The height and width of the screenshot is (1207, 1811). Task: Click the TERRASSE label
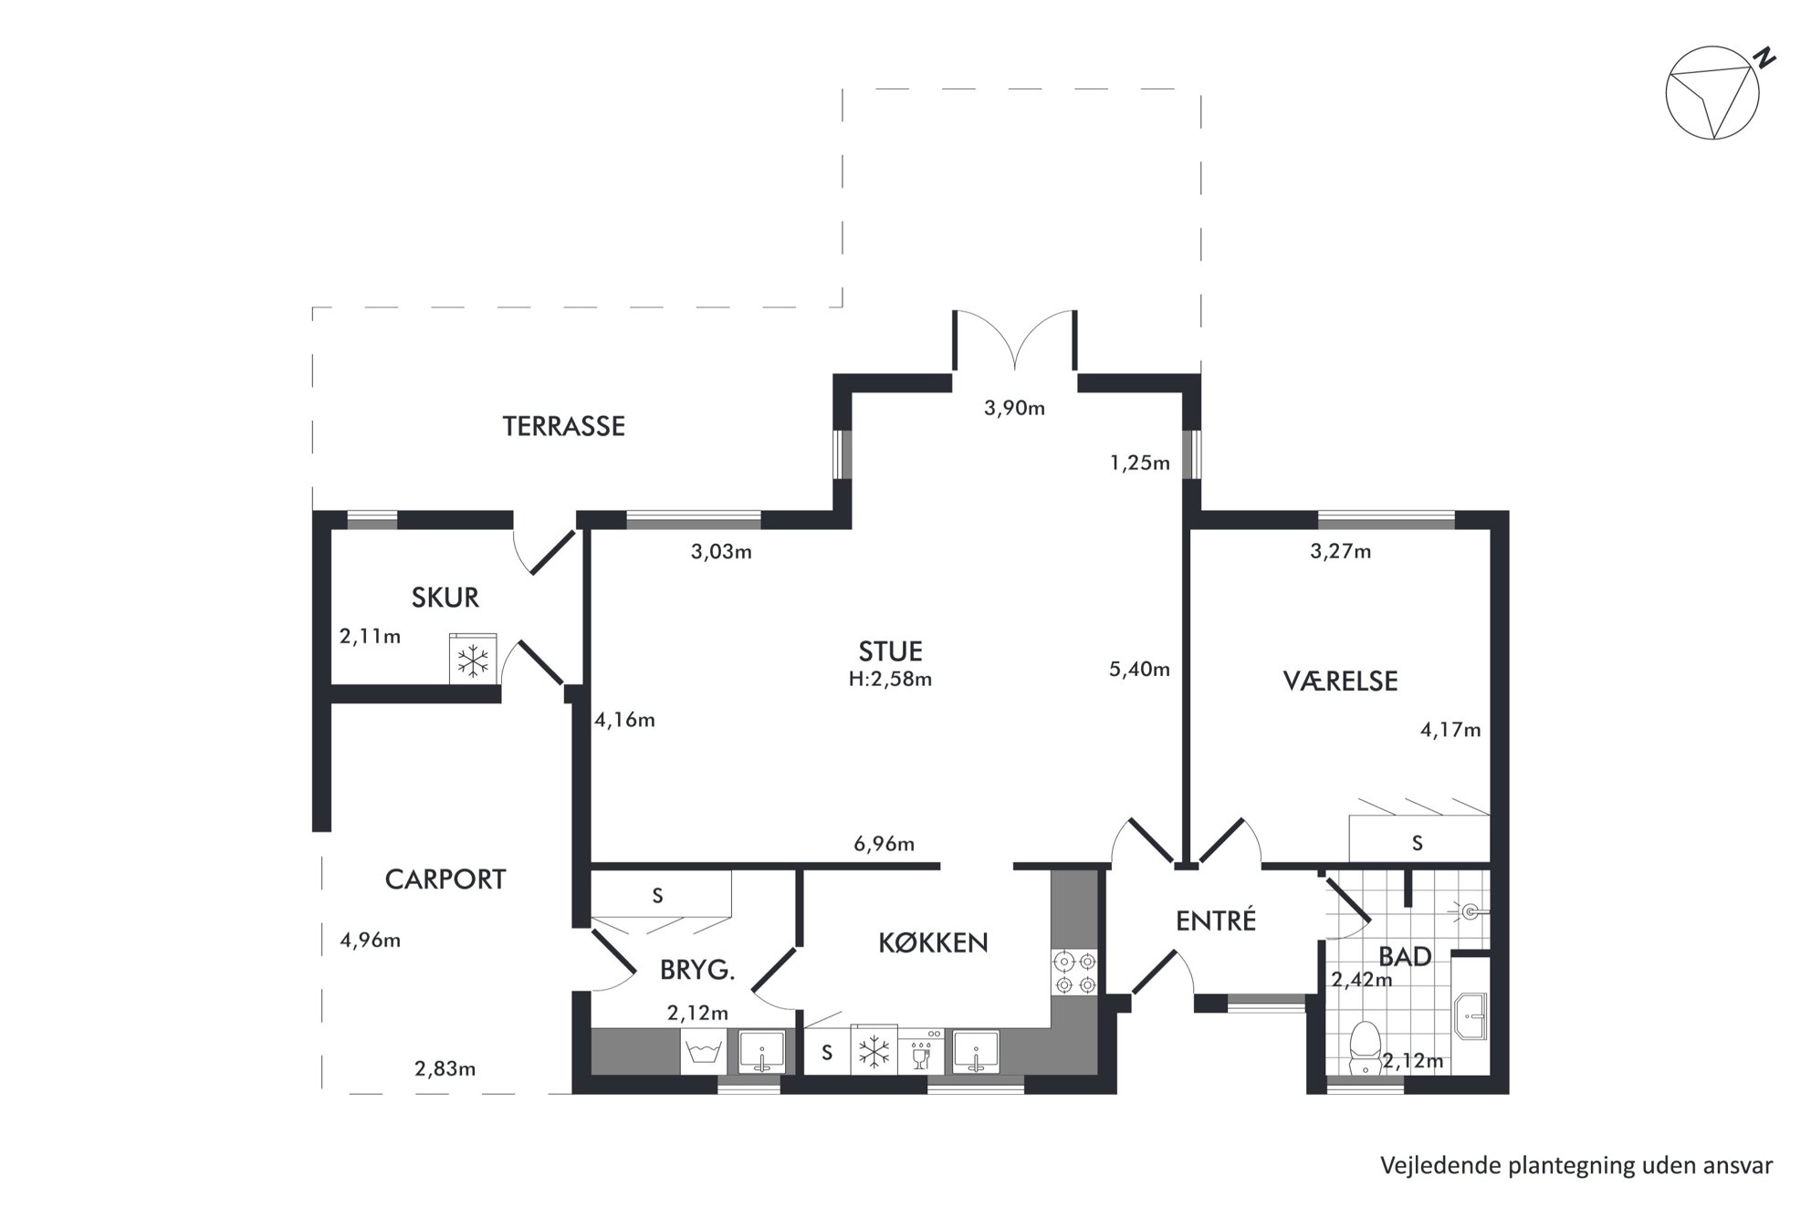pos(563,426)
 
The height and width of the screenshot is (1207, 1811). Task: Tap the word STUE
pos(890,651)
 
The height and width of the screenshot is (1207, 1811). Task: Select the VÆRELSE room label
pos(1340,681)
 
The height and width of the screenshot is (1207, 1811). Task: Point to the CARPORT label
pos(445,879)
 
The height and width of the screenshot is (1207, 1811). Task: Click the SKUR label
pos(445,598)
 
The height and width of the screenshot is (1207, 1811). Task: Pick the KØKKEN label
pos(933,942)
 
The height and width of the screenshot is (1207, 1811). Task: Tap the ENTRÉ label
pos(1216,921)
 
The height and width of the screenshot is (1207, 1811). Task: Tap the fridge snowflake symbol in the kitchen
pos(874,1052)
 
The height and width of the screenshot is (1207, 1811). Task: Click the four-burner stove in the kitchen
pos(1074,973)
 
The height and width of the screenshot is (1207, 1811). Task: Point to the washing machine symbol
pos(703,1052)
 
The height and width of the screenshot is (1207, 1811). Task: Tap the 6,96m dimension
pos(884,844)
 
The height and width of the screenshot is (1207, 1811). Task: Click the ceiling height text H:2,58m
pos(890,679)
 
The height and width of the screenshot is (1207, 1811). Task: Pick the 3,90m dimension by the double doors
pos(1014,408)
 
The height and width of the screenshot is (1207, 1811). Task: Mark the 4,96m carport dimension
pos(371,940)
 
